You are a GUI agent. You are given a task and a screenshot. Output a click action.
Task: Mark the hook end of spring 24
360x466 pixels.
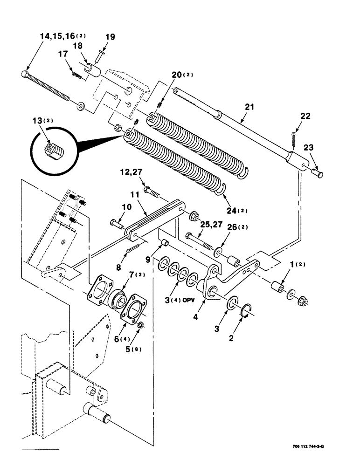(x=223, y=188)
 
